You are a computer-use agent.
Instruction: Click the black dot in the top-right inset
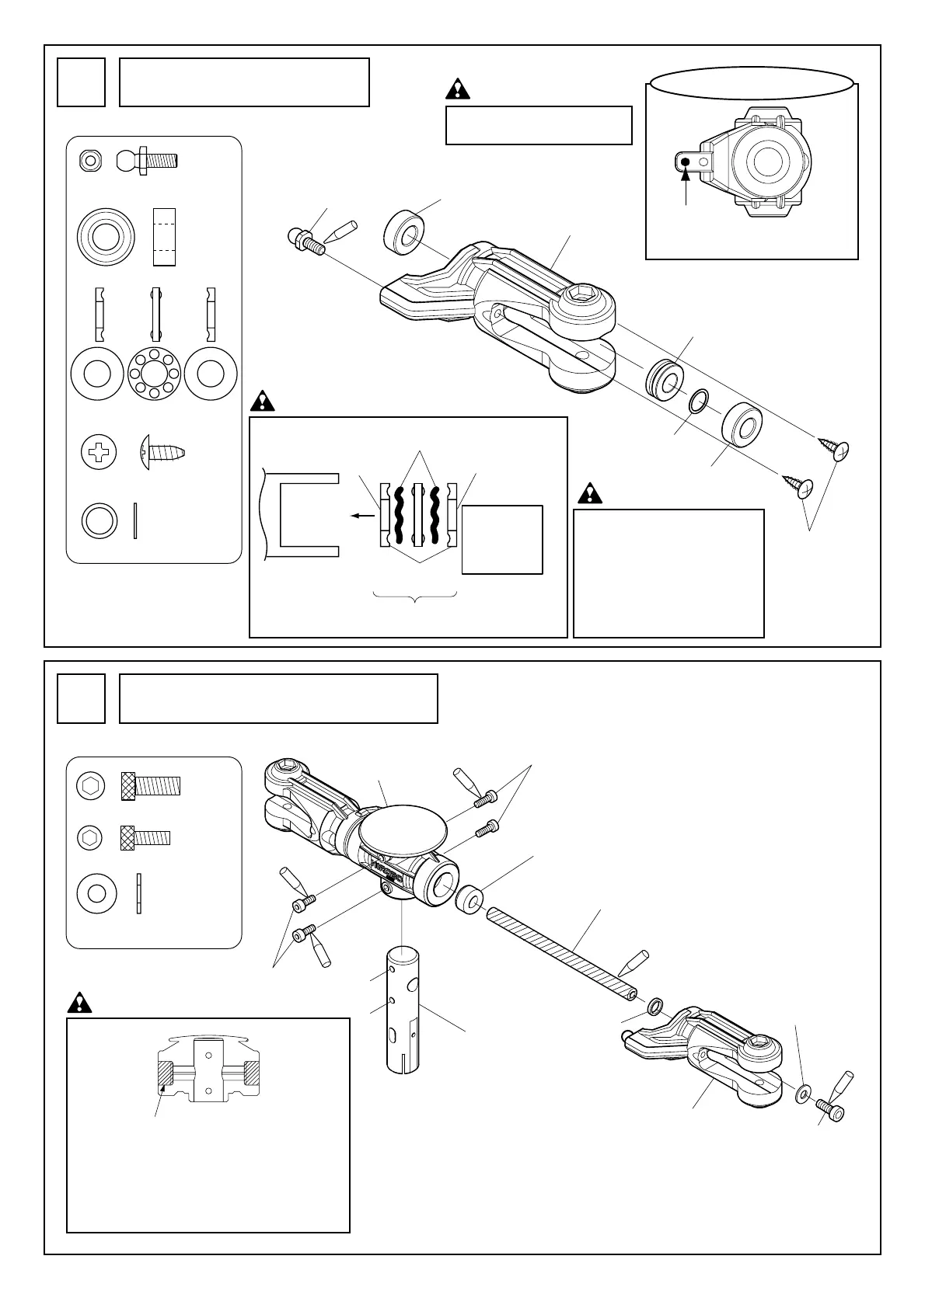click(686, 162)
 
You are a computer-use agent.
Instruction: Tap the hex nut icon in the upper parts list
click(91, 161)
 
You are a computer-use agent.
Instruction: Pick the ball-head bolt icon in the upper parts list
click(147, 161)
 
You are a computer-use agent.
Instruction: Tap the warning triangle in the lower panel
click(80, 1003)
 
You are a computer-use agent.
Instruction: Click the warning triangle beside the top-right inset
click(459, 89)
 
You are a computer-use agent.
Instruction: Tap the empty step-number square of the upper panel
click(81, 82)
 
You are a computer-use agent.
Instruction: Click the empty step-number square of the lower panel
click(81, 698)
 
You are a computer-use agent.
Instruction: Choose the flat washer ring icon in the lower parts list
click(97, 893)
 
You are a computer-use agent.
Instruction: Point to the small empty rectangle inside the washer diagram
click(502, 540)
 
